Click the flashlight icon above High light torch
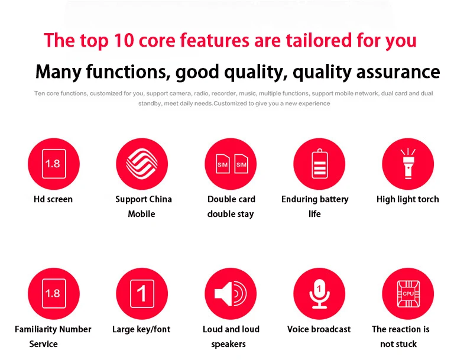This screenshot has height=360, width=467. click(408, 164)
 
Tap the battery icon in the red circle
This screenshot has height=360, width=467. click(320, 164)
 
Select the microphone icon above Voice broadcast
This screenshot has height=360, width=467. click(319, 294)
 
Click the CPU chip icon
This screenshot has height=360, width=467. click(408, 294)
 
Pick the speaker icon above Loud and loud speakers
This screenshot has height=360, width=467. click(231, 294)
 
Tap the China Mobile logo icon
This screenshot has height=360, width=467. click(142, 164)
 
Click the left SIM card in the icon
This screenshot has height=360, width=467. click(222, 164)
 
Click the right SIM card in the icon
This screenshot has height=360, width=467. click(241, 164)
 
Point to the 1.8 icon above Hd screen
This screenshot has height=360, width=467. click(54, 164)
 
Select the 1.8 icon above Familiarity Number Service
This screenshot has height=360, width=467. click(54, 294)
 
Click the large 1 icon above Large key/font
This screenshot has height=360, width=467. click(142, 294)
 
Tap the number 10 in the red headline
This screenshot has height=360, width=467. click(124, 40)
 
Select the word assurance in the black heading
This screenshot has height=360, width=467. click(398, 72)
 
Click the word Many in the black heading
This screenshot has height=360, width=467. click(59, 72)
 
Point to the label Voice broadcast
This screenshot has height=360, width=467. click(319, 329)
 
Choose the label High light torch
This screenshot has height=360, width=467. click(408, 199)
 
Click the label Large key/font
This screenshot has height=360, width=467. click(141, 329)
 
